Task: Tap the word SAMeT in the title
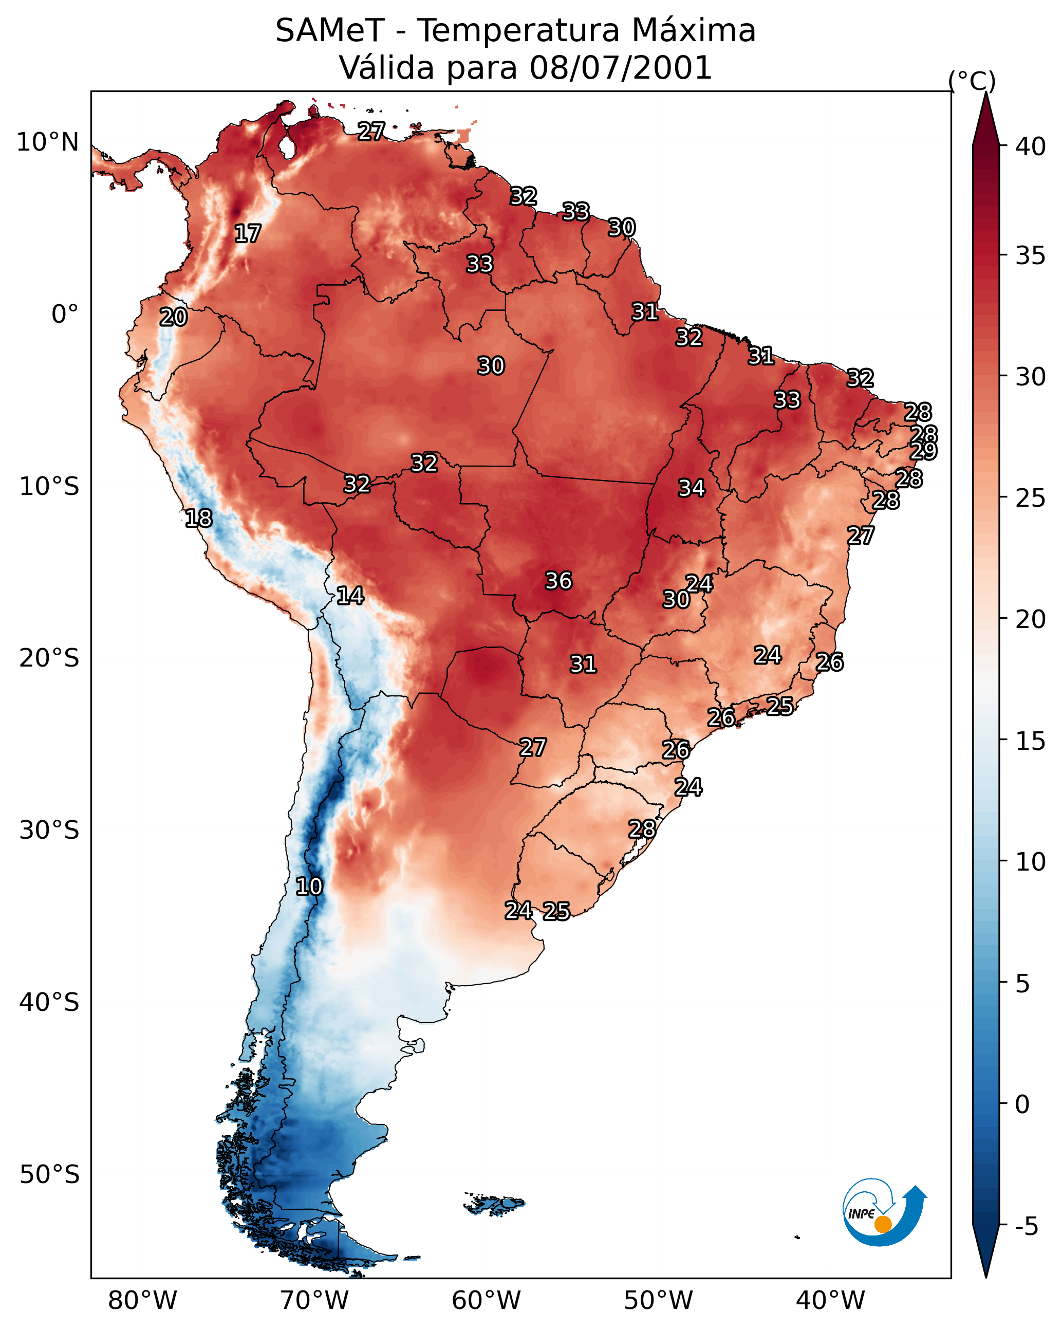click(330, 31)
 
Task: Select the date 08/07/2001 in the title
click(621, 68)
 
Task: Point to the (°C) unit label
click(972, 81)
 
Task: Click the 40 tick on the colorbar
click(1031, 146)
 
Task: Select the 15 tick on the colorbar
click(1031, 741)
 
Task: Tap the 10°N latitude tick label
click(47, 142)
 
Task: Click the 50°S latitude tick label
click(49, 1175)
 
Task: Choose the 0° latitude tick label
click(65, 315)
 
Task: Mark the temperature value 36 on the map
click(559, 581)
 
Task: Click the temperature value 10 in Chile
click(309, 887)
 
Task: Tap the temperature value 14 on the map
click(350, 596)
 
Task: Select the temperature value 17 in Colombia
click(248, 234)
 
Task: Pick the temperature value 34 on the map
click(692, 488)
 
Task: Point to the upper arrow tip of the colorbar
click(985, 93)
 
